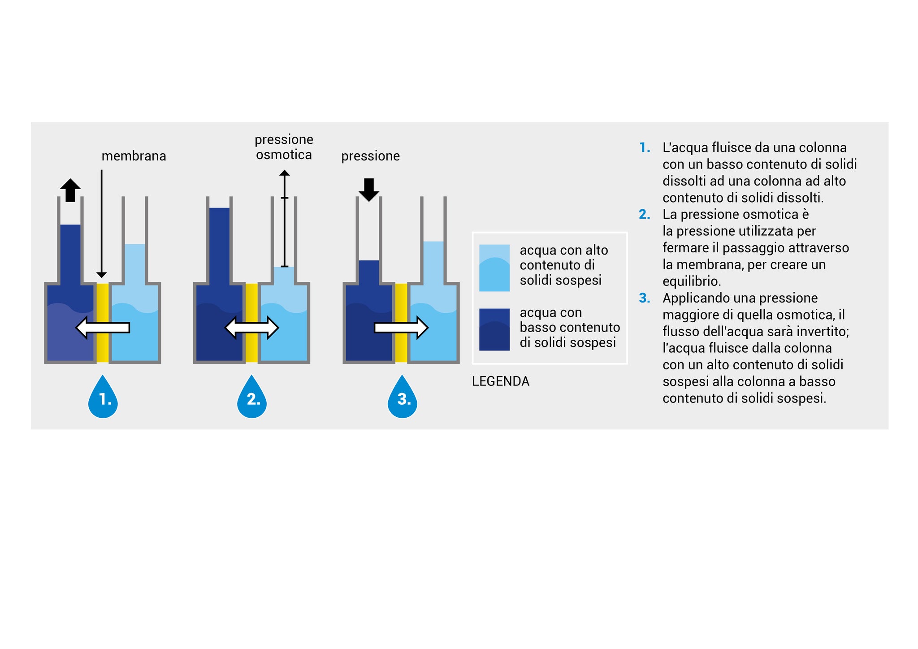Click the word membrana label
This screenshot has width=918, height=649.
point(134,156)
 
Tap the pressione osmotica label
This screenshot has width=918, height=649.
point(284,147)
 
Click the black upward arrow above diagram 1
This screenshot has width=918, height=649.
point(70,190)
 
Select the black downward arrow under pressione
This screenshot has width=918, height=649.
point(368,189)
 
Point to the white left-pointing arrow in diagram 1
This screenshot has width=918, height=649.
point(103,328)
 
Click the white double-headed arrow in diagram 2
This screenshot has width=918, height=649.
point(251,328)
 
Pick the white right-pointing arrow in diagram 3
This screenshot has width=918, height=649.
point(401,328)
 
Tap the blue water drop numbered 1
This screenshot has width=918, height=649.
point(103,398)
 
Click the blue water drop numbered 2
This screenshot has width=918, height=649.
point(252,398)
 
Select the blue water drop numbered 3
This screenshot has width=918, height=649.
point(403,398)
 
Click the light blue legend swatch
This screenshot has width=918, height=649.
point(494,268)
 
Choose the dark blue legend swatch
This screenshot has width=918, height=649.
point(494,329)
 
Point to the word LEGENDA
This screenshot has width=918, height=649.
point(500,381)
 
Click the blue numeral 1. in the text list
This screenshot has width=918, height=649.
point(645,147)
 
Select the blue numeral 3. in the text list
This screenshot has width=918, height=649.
point(645,298)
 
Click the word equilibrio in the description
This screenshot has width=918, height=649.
point(692,281)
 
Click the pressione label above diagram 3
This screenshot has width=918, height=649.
point(370,156)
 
